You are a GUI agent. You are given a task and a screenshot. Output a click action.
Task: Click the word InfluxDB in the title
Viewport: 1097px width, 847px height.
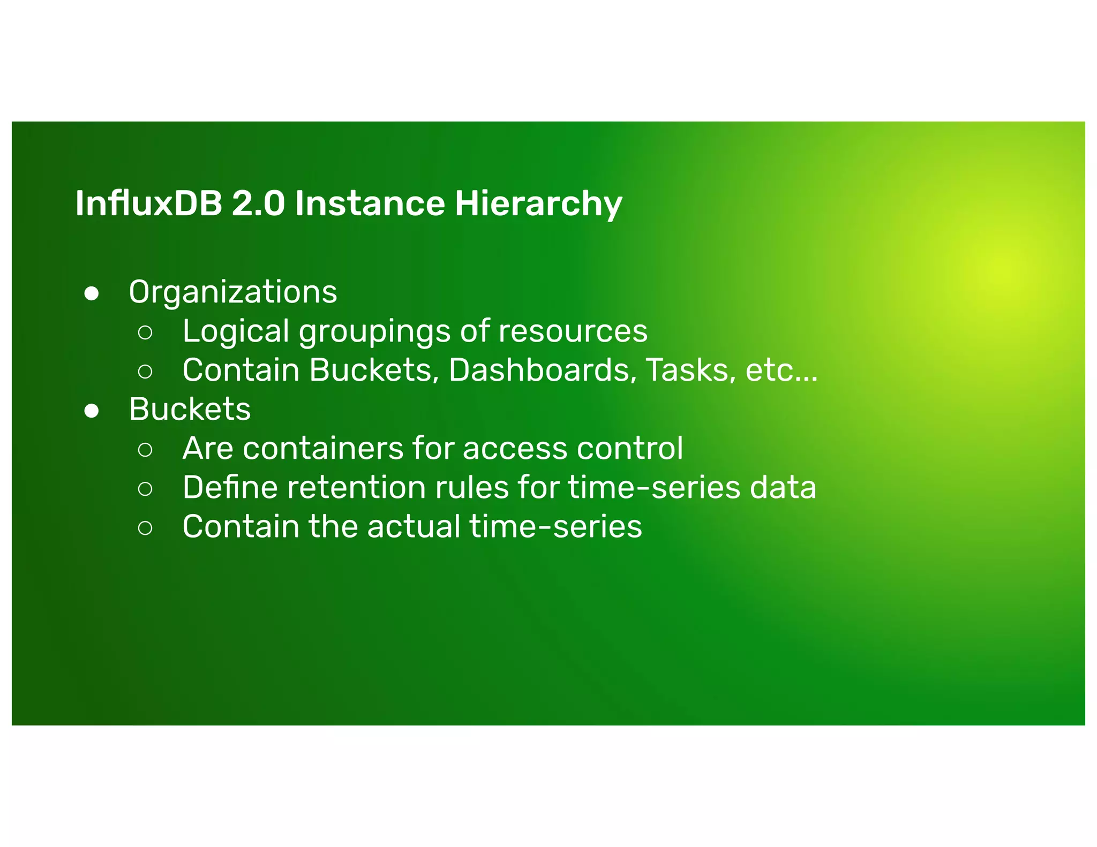point(148,204)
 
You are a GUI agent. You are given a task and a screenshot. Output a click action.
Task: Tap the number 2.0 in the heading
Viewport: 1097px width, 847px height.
point(258,204)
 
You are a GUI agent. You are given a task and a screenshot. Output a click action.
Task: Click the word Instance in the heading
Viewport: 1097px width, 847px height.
point(370,204)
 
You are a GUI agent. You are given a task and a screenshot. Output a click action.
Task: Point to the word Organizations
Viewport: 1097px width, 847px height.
point(233,293)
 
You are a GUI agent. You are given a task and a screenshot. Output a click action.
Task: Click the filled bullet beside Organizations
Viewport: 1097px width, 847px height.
point(92,294)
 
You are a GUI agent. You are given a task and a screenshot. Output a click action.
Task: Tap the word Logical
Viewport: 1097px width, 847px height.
point(236,332)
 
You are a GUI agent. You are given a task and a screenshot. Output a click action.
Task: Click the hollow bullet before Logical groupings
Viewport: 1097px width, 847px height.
point(145,332)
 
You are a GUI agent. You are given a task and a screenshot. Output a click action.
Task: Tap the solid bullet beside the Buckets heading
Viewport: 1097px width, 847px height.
point(92,411)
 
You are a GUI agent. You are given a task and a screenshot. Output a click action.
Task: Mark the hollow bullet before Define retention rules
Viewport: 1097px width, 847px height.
point(145,489)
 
